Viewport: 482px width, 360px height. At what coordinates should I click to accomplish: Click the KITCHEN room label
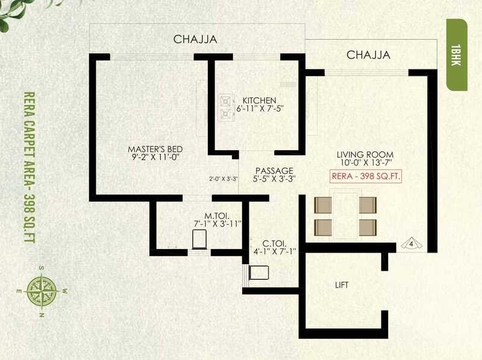(x=259, y=100)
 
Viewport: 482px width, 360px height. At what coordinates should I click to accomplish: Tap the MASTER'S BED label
(x=155, y=149)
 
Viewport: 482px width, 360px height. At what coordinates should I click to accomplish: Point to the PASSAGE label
(x=274, y=171)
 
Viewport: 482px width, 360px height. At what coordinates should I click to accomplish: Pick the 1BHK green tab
(x=456, y=54)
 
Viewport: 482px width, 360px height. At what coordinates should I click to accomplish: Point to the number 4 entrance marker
(x=412, y=244)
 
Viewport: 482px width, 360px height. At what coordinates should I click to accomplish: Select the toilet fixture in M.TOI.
(x=199, y=239)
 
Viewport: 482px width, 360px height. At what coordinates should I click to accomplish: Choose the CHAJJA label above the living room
(x=368, y=55)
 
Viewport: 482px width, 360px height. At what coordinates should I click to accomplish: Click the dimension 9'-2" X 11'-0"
(x=155, y=157)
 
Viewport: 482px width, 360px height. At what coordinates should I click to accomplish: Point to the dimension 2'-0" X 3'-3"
(x=224, y=178)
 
